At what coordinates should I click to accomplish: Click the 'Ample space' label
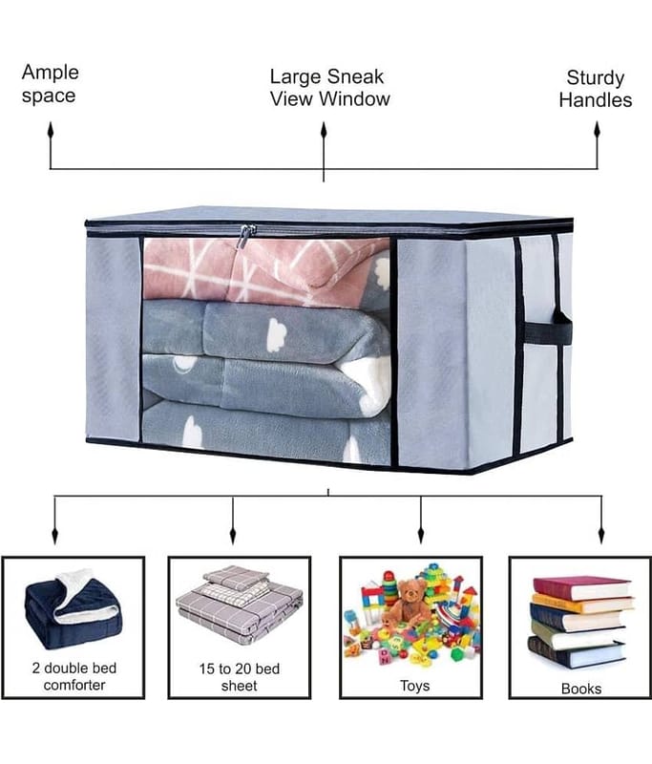click(x=51, y=83)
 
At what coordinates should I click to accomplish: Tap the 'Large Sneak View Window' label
click(x=329, y=88)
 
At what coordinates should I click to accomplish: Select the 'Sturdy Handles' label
click(x=595, y=89)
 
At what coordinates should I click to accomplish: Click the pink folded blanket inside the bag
click(x=266, y=269)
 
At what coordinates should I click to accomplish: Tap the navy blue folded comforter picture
click(x=74, y=610)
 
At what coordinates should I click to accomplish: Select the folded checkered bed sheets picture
click(x=240, y=605)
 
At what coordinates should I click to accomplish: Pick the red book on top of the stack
click(x=582, y=588)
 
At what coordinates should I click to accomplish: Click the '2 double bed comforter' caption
click(x=74, y=676)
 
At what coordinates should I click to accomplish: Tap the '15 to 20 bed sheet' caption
click(x=239, y=677)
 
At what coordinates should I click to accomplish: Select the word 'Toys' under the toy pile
click(x=415, y=686)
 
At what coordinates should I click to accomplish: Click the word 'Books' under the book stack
click(x=581, y=689)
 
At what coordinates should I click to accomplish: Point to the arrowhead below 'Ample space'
click(x=51, y=131)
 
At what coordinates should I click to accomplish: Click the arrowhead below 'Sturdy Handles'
click(x=597, y=131)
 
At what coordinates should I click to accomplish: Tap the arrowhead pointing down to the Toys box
click(x=421, y=535)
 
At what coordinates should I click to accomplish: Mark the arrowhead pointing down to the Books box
click(x=601, y=535)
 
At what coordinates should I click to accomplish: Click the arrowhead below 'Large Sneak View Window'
click(x=324, y=131)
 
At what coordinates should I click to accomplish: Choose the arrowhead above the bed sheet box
click(x=233, y=535)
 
